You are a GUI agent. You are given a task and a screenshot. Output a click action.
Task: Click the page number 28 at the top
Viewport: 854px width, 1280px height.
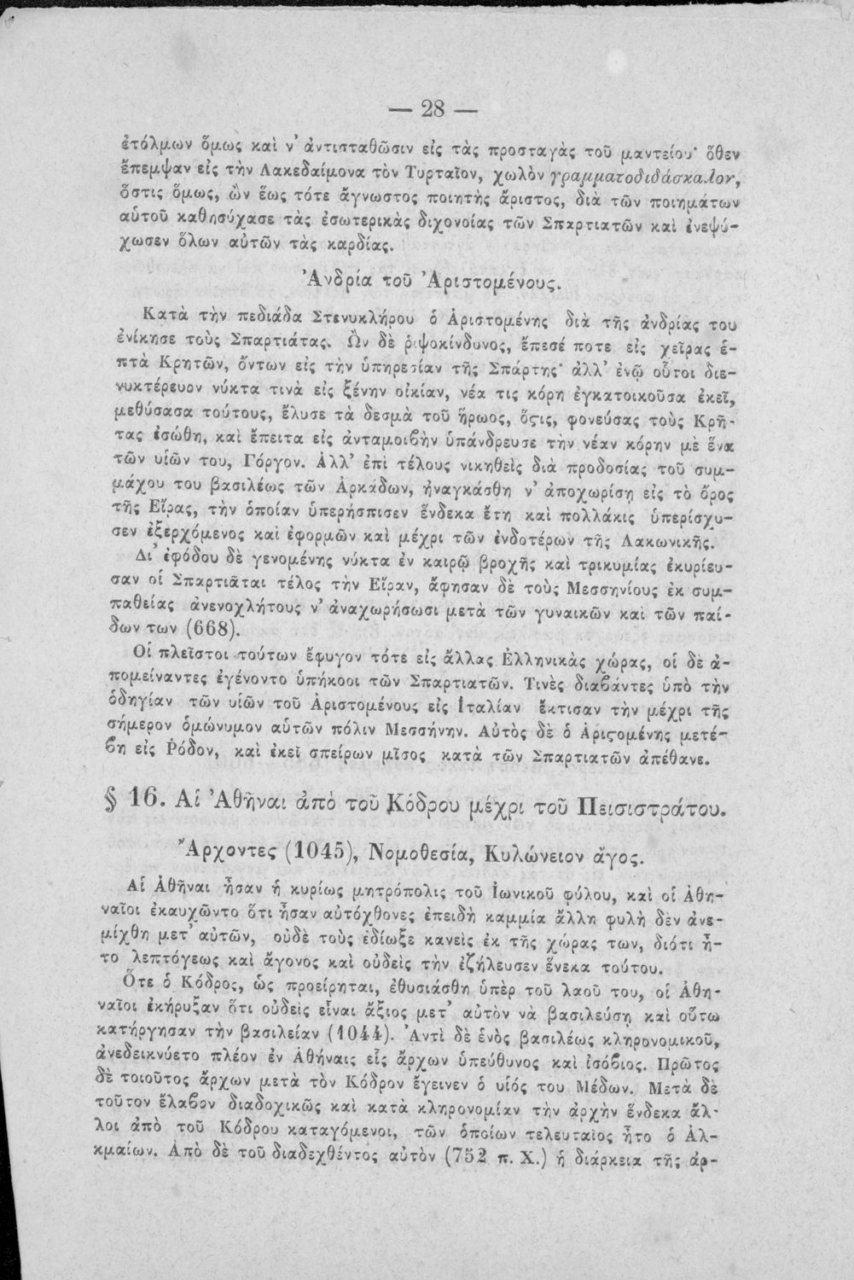pyautogui.click(x=434, y=112)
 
